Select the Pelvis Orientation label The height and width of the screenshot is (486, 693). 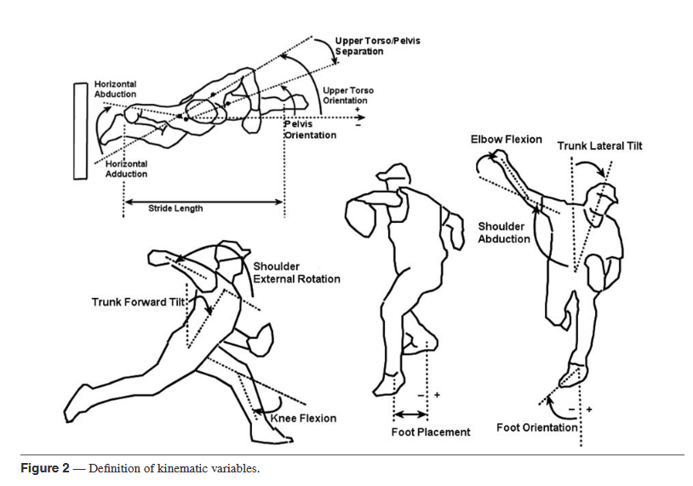[310, 129]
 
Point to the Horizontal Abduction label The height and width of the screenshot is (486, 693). [115, 89]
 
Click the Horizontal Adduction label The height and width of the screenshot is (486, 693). [126, 169]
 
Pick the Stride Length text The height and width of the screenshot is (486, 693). [175, 208]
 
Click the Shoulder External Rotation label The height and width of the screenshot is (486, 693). [296, 273]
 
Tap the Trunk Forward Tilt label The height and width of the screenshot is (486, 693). [139, 301]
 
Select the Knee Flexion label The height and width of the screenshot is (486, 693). [304, 418]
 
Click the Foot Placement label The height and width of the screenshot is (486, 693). [430, 432]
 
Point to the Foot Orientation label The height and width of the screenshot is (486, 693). [537, 427]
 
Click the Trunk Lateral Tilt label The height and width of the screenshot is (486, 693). [599, 146]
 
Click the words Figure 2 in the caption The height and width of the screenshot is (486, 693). [44, 469]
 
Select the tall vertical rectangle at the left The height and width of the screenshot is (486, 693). [81, 130]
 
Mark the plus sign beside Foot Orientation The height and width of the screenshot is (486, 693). [589, 409]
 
